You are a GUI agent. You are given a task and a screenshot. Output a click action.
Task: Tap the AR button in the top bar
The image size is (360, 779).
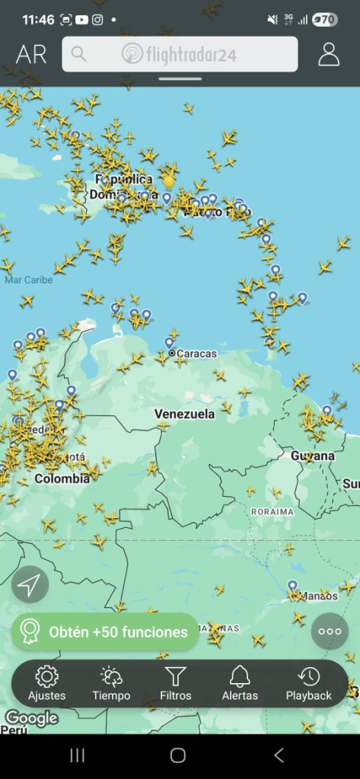point(31,55)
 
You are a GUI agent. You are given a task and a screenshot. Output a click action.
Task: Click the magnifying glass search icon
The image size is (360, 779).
point(78,54)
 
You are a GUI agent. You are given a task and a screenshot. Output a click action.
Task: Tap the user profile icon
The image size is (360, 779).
point(329,54)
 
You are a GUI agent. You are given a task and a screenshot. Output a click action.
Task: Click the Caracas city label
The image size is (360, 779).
point(196,354)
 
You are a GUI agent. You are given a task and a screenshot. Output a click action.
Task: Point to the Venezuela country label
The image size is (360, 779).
point(184,414)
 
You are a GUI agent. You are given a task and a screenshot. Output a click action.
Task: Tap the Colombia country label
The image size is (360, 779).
point(62,479)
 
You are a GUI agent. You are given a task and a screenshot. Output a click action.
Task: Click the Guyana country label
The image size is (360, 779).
point(312,456)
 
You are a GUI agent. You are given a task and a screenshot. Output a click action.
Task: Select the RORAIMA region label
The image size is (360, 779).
point(272,512)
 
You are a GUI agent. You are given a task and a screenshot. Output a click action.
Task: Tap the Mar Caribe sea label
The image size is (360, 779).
point(28,280)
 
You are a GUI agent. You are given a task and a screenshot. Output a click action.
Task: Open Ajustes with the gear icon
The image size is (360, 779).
point(46,682)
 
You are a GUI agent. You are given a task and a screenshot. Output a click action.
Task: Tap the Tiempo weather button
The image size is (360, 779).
point(111,682)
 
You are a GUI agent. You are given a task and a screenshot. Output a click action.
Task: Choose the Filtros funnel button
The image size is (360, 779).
point(175,682)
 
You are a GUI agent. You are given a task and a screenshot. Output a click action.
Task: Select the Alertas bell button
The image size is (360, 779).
point(240,682)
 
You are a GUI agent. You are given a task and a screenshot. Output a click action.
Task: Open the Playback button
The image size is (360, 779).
point(308,682)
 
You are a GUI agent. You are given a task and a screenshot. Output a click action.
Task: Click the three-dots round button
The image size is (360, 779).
point(330,631)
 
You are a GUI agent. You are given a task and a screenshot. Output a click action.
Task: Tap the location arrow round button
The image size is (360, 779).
point(30,585)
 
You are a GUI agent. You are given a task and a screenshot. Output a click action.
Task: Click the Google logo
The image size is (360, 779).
point(31,718)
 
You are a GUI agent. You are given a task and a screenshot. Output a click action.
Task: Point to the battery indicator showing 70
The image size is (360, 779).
point(325,20)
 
